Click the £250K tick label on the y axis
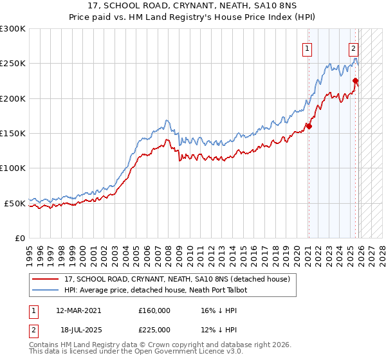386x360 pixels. tap(13, 64)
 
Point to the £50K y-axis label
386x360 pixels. tap(15, 203)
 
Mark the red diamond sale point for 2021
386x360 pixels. tap(309, 127)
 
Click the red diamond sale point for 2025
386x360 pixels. tap(356, 81)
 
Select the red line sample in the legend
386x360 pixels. tap(46, 280)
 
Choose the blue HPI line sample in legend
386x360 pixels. tap(46, 290)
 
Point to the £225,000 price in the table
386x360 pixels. tap(154, 329)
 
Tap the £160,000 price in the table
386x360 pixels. tap(154, 310)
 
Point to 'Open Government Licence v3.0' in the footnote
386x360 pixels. tap(187, 352)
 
